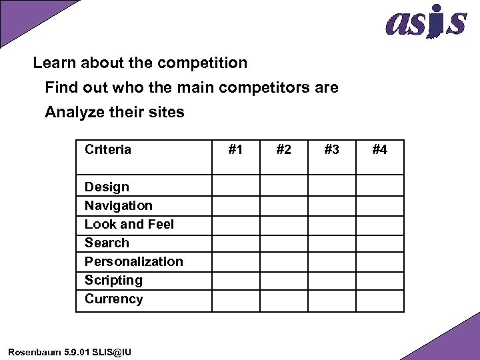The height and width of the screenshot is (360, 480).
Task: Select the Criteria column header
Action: (x=108, y=150)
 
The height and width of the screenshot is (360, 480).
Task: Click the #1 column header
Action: (x=235, y=150)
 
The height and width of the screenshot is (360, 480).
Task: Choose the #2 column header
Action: (x=283, y=150)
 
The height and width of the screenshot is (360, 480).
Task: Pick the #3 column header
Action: (x=331, y=150)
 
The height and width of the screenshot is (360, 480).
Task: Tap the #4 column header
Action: (x=379, y=150)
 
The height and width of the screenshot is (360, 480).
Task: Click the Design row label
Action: (x=107, y=187)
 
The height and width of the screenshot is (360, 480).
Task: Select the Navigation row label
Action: (x=119, y=206)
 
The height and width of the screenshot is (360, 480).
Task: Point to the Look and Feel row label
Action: (x=129, y=225)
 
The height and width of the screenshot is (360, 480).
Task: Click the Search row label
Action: (x=107, y=243)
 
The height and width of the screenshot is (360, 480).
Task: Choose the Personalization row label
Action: (x=133, y=262)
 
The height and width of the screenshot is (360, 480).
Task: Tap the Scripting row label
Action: (x=113, y=281)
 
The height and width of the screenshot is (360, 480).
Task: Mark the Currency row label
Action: (x=113, y=299)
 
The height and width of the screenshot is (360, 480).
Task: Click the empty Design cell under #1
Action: (x=235, y=185)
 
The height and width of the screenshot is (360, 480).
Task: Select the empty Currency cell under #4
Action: (x=379, y=301)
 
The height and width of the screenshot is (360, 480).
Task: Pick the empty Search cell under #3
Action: (x=331, y=243)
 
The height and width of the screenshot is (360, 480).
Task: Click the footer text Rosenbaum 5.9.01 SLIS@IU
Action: (x=70, y=351)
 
